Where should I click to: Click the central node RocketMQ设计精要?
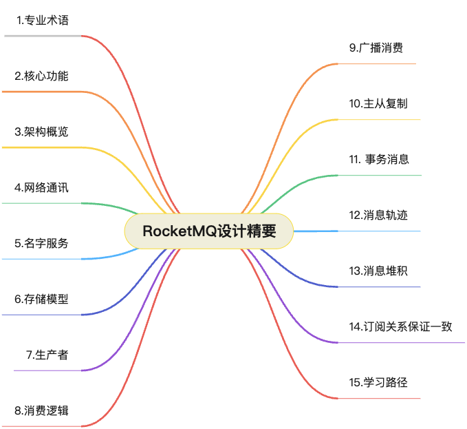click(209, 231)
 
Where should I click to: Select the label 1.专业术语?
click(43, 20)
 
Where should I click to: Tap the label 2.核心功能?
click(41, 76)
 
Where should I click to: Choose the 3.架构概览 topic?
click(41, 132)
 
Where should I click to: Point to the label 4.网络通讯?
click(41, 187)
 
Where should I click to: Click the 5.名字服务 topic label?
click(41, 243)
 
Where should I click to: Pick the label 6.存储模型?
click(41, 299)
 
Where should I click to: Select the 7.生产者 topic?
click(47, 355)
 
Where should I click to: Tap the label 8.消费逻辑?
click(41, 410)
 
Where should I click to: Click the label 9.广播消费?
click(376, 48)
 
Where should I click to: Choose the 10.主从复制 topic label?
click(378, 103)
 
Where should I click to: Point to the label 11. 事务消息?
click(379, 159)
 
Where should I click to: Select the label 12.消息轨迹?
click(378, 215)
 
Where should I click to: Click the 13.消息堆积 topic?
click(378, 271)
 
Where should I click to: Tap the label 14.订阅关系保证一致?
click(400, 326)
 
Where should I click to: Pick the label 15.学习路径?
click(378, 382)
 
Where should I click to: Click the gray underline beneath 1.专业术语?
click(43, 36)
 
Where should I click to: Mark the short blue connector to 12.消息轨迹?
click(316, 231)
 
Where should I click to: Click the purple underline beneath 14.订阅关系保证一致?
click(401, 343)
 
